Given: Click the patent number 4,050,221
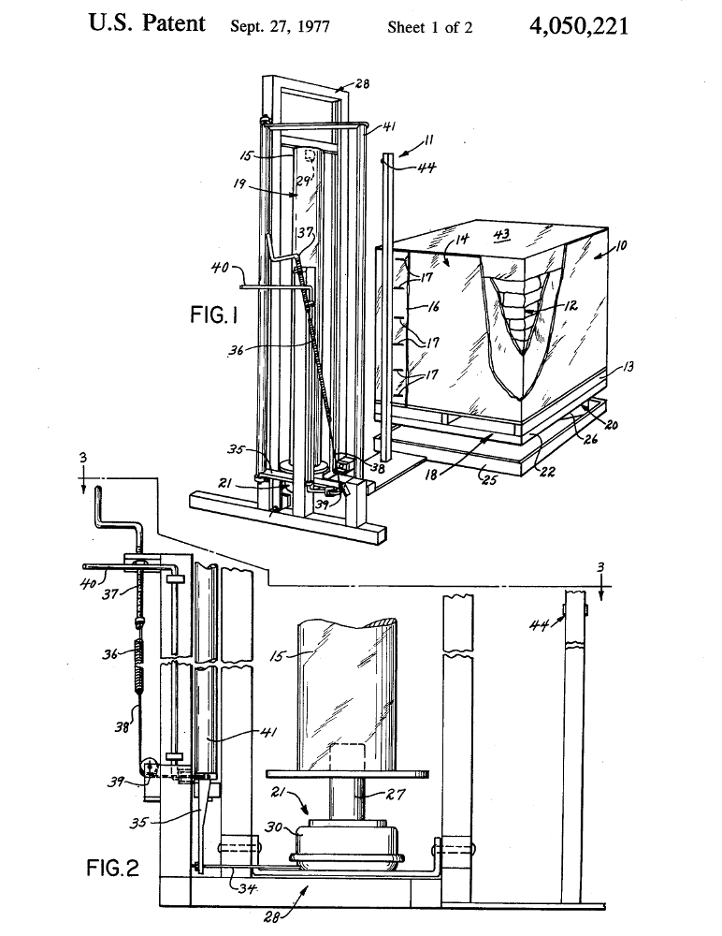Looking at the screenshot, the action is pos(578,25).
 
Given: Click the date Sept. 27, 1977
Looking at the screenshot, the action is pos(280,27).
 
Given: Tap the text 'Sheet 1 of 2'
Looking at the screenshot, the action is pos(429,27).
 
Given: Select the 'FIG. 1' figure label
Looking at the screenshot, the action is pos(214,314).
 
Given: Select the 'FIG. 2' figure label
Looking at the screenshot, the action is pos(113,868).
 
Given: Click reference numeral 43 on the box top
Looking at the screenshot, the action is pos(502,234).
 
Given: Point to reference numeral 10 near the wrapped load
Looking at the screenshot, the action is pos(620,244).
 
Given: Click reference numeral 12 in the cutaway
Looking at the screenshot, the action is pos(570,306).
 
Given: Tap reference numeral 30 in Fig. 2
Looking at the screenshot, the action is pos(274,827).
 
